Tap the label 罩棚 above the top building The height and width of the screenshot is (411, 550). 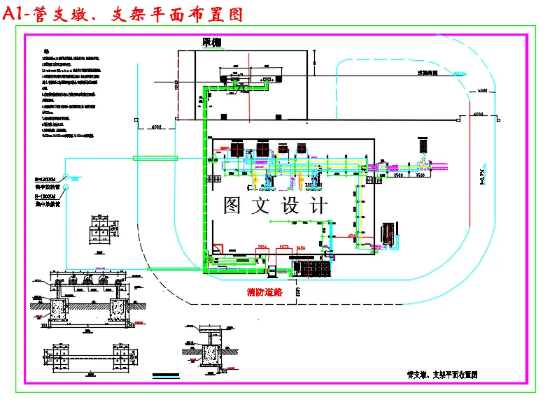(x=211, y=43)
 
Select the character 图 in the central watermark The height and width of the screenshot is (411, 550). (x=234, y=206)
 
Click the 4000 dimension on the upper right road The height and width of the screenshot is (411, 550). (x=482, y=91)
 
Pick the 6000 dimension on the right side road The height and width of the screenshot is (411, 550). (x=479, y=113)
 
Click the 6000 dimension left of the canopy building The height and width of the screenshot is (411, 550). (x=156, y=128)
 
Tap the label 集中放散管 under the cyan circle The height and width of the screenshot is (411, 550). (x=48, y=187)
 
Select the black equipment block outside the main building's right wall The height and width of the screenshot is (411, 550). (x=388, y=233)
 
